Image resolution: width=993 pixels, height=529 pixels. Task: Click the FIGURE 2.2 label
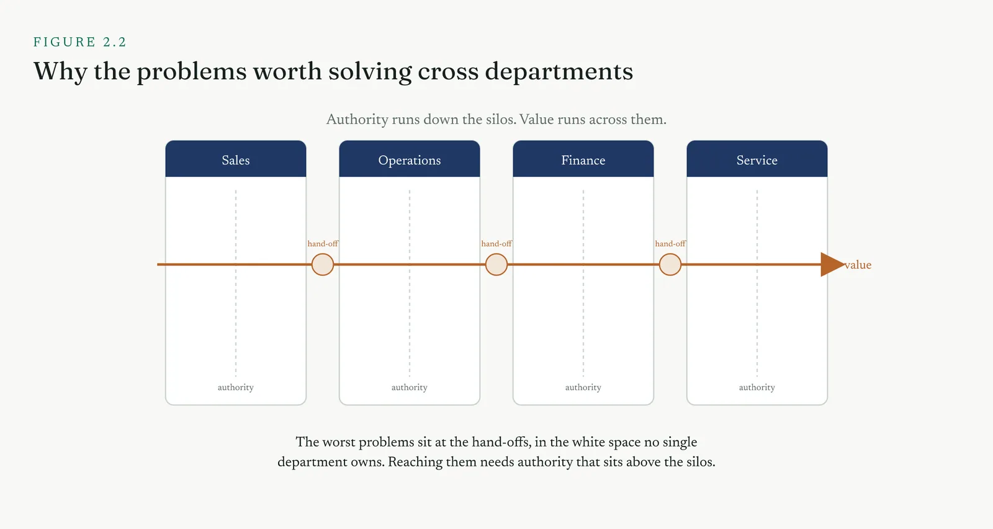(80, 42)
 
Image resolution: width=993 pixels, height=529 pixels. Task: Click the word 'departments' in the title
(559, 72)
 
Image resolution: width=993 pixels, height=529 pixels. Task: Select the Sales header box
(236, 159)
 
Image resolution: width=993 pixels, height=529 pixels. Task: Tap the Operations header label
(410, 161)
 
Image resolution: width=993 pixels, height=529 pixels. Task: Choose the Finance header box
(583, 159)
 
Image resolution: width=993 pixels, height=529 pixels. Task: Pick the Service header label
(757, 161)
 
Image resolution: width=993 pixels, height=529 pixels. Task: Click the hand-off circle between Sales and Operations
(323, 264)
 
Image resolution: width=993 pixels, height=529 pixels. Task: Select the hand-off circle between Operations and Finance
(496, 264)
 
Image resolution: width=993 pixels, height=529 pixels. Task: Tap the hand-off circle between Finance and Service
(670, 264)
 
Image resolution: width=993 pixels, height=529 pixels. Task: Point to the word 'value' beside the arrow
(858, 265)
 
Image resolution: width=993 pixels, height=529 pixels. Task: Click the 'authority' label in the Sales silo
(236, 387)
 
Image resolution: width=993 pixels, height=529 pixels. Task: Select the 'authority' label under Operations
(410, 387)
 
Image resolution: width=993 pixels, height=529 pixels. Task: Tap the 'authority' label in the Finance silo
(583, 387)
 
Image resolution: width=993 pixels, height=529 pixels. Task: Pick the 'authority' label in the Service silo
(757, 387)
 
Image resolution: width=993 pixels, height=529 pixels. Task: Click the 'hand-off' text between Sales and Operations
(323, 244)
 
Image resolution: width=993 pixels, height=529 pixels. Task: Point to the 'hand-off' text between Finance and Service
(670, 244)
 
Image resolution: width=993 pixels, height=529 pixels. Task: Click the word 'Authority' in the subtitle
(357, 120)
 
